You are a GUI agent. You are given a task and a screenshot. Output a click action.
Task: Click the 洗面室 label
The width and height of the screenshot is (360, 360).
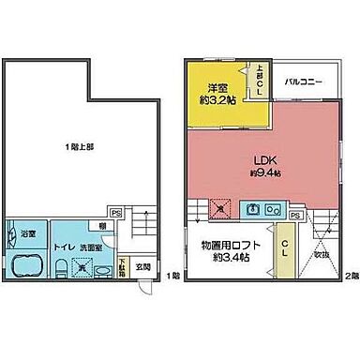click(91, 247)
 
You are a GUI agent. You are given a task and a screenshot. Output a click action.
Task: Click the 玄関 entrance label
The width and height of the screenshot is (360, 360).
click(143, 267)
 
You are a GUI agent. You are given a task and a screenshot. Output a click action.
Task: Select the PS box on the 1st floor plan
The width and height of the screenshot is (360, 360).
click(115, 212)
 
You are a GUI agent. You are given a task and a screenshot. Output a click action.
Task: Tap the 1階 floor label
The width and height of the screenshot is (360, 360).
click(172, 276)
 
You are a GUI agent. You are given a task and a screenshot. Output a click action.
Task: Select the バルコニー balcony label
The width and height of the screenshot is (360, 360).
click(304, 82)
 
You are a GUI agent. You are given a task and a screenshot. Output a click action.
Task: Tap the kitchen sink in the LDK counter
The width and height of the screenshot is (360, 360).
click(270, 209)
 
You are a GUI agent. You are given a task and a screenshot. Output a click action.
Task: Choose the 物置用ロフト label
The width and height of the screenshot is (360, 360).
click(223, 246)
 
